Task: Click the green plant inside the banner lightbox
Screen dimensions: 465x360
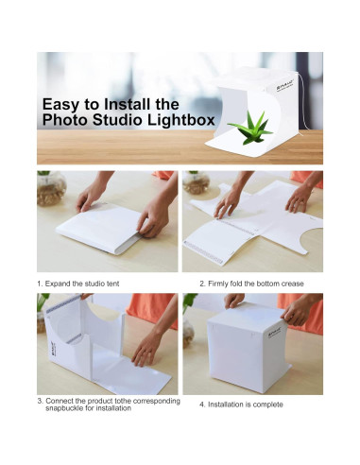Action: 249,127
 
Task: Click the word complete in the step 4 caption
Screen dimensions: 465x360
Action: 267,405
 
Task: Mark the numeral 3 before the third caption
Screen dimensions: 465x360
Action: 39,400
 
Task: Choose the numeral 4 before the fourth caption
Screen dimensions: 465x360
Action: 201,405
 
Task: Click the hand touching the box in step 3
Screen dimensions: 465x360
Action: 146,347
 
